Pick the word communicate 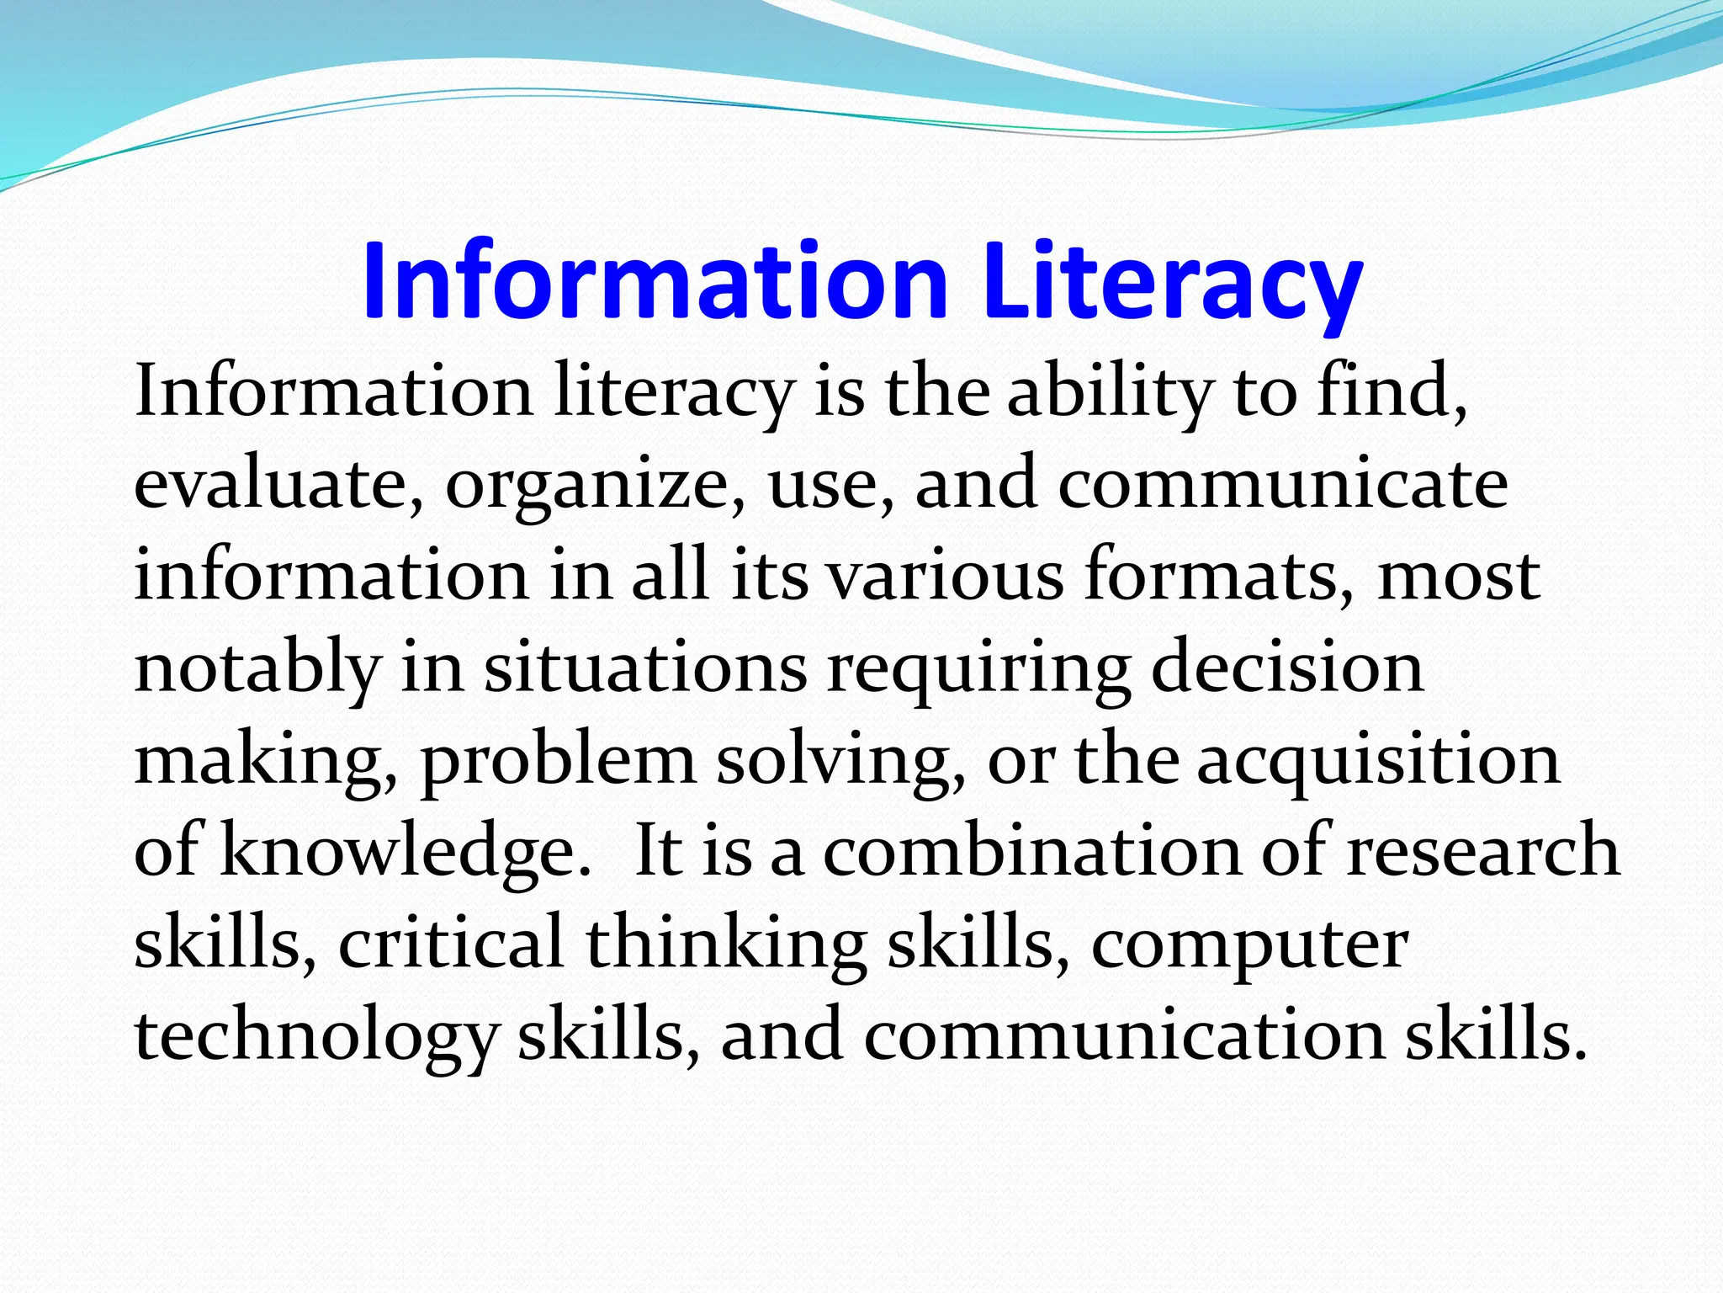click(x=1283, y=485)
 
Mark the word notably click(x=257, y=668)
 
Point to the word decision click(x=1287, y=668)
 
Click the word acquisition click(x=1378, y=761)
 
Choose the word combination click(x=1031, y=852)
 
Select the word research click(x=1483, y=852)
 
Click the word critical click(x=451, y=943)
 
